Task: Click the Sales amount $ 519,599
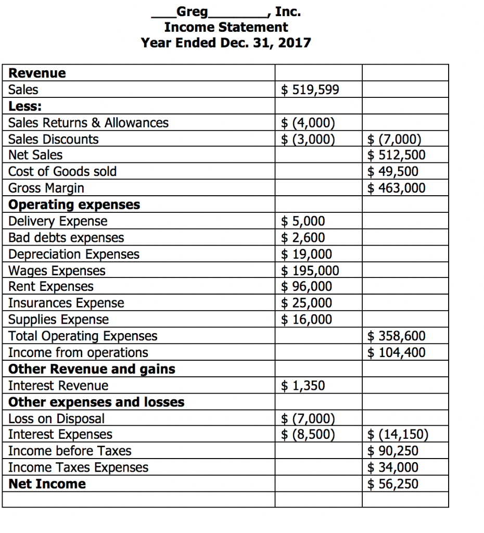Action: (x=310, y=90)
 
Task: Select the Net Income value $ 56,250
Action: (x=392, y=484)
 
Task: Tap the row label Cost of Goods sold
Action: (x=62, y=172)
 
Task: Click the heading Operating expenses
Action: (x=74, y=205)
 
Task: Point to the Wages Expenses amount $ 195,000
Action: (x=310, y=271)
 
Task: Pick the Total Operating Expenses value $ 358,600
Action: (x=396, y=336)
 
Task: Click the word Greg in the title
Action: (x=192, y=11)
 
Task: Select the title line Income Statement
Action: (x=226, y=27)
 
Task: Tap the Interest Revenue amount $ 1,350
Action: (x=303, y=386)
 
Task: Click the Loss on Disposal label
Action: (x=56, y=418)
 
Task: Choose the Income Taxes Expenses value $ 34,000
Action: (x=392, y=467)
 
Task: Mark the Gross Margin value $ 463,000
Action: (x=396, y=188)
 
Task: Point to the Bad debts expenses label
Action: (x=66, y=238)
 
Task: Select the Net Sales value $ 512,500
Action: (x=396, y=155)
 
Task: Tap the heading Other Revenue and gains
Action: (x=92, y=370)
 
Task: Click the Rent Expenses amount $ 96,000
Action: (x=307, y=287)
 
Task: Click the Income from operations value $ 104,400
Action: (x=396, y=353)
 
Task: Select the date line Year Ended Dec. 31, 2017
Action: (x=226, y=43)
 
